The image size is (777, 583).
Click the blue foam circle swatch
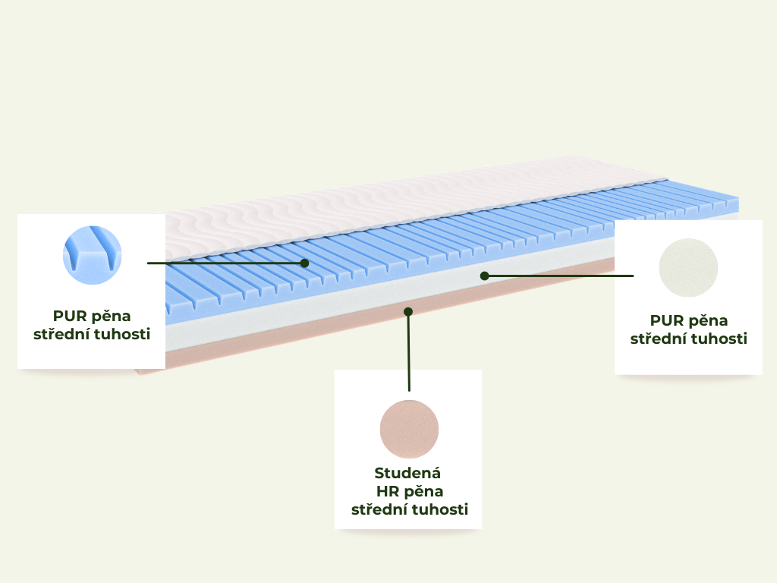pos(92,255)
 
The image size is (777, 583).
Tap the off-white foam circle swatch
pos(688,268)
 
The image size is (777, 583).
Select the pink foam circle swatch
pos(409,429)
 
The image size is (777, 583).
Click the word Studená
pos(407,473)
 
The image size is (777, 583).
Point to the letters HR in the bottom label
pos(387,491)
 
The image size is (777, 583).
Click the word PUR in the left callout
pos(69,316)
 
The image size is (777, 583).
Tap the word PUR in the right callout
pos(666,320)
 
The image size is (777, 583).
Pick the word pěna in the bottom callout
pos(423,492)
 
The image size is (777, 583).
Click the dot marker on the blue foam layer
pos(305,263)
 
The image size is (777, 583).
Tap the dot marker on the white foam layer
pos(485,276)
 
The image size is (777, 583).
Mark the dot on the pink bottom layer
pos(408,311)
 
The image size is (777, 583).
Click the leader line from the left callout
pos(226,263)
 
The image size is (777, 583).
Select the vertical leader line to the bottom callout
pos(409,351)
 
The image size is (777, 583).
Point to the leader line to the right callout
pos(559,276)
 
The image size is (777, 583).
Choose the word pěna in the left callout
pos(111,317)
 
